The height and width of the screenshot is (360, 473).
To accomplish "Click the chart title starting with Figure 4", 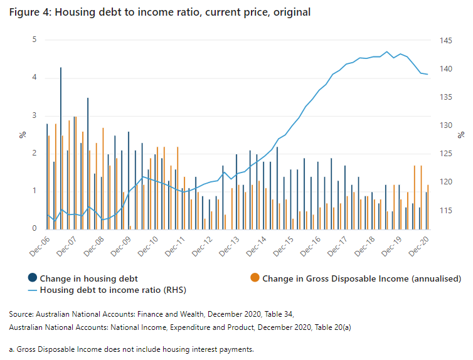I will (x=159, y=13).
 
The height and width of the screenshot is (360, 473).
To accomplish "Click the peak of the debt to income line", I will (x=387, y=51).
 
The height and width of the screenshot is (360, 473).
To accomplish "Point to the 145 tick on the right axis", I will (x=446, y=41).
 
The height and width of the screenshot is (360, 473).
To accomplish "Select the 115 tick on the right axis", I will (x=446, y=210).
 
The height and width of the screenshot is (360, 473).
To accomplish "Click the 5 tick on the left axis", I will (x=35, y=40).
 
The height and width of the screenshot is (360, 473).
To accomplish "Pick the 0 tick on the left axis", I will (x=35, y=229).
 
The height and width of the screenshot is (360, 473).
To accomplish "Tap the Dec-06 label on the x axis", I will (x=39, y=246).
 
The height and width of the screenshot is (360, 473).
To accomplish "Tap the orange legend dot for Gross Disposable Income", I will (x=255, y=278).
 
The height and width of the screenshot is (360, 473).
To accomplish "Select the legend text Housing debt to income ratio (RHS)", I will (x=113, y=290).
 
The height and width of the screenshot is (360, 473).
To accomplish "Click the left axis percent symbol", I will (x=21, y=134).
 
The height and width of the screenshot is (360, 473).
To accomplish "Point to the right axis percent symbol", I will (x=462, y=134).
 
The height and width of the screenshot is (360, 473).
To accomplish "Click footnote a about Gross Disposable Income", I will (x=131, y=349).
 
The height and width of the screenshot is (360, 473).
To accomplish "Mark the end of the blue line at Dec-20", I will (x=428, y=75).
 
